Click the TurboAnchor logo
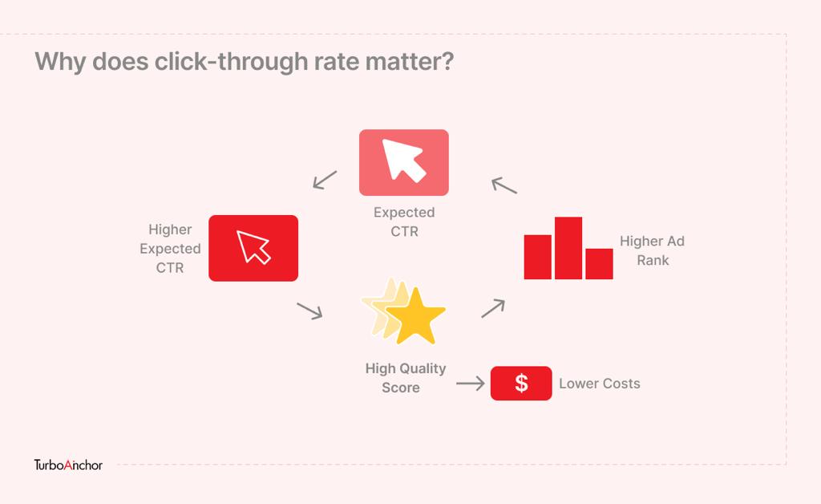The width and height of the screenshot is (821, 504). [68, 465]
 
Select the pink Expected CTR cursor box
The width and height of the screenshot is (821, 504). [404, 162]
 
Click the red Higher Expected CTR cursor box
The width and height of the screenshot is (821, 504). [253, 248]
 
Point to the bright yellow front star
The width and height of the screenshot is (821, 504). [416, 316]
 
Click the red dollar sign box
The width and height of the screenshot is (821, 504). [521, 383]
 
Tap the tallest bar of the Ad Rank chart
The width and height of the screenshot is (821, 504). [568, 248]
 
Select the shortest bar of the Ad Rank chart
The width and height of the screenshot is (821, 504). [599, 263]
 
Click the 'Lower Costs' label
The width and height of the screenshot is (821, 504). [600, 384]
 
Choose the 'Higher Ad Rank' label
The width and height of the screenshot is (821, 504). [653, 250]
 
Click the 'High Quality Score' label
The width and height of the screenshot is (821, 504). [405, 378]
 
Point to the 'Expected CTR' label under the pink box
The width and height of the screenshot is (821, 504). [404, 222]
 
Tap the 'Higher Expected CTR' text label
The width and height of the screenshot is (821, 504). [170, 248]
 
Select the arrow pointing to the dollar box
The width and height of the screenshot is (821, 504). [470, 384]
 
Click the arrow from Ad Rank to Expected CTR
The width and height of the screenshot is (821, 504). [504, 185]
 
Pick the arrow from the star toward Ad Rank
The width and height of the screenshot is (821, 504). [493, 308]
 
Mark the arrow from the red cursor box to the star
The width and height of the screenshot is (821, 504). [310, 311]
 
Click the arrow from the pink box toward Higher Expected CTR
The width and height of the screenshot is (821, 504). [325, 180]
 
